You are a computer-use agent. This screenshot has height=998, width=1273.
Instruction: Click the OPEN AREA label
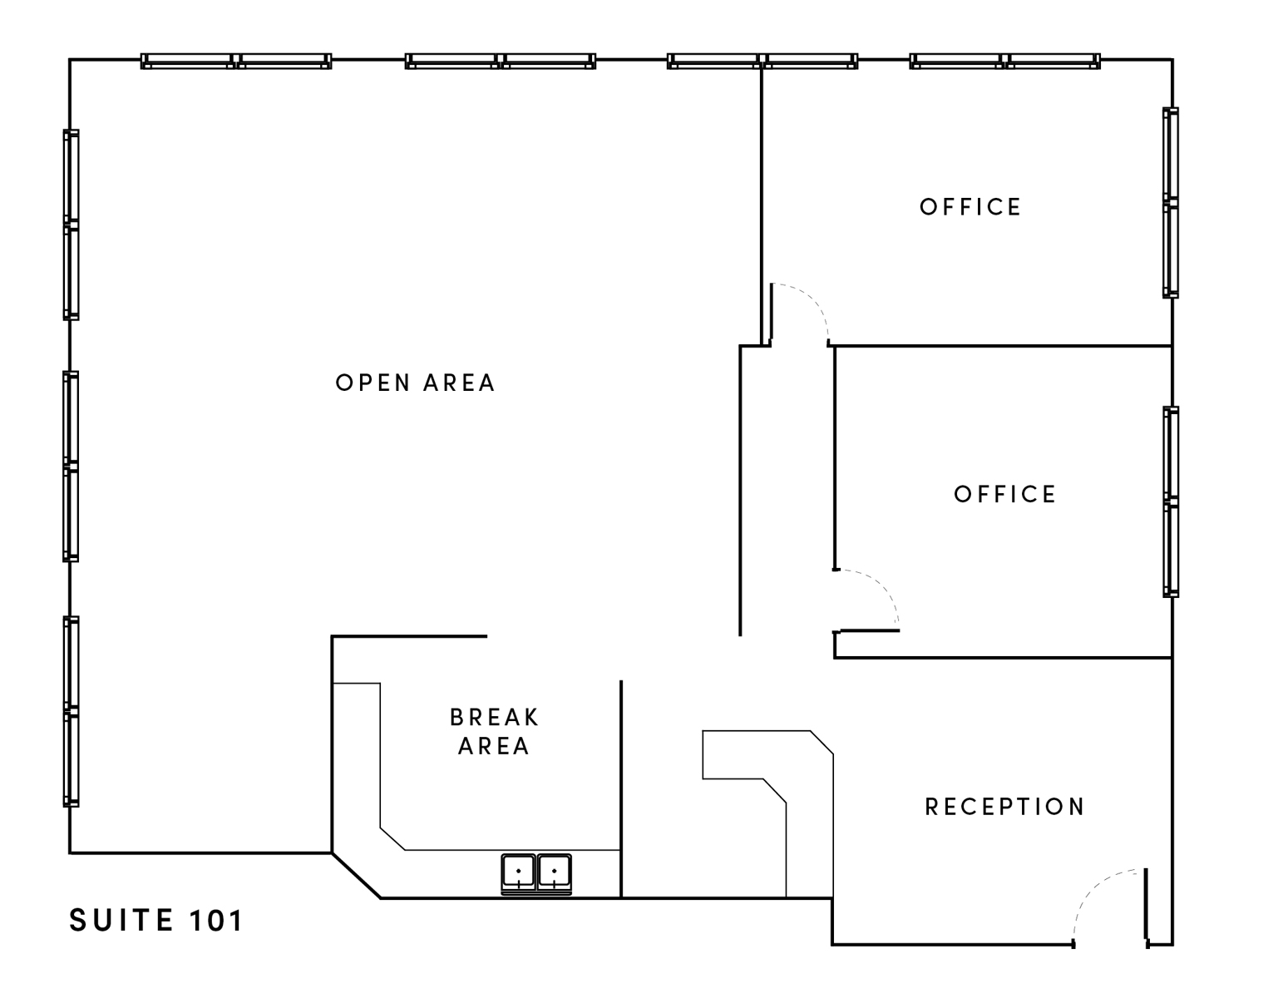pyautogui.click(x=416, y=383)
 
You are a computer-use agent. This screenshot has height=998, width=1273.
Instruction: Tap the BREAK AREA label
pyautogui.click(x=494, y=732)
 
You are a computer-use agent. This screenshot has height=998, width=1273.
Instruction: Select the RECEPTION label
pyautogui.click(x=1004, y=807)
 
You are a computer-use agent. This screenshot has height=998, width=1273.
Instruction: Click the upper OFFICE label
pyautogui.click(x=970, y=207)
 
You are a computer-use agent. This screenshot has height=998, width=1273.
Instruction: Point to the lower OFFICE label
pyautogui.click(x=1004, y=494)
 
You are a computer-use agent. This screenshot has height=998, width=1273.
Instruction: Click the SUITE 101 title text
pyautogui.click(x=155, y=920)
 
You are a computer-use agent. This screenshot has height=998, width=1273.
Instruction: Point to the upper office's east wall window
pyautogui.click(x=1171, y=203)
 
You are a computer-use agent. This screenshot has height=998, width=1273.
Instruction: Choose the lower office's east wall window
pyautogui.click(x=1171, y=502)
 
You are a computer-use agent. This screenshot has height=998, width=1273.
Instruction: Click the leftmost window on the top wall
pyautogui.click(x=236, y=62)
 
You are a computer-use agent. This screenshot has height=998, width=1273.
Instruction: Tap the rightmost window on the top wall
pyautogui.click(x=1004, y=62)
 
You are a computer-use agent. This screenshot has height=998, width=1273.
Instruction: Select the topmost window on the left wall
pyautogui.click(x=71, y=225)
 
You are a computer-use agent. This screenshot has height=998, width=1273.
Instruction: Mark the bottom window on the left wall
pyautogui.click(x=71, y=712)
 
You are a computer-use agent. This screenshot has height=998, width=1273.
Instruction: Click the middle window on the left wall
pyautogui.click(x=71, y=467)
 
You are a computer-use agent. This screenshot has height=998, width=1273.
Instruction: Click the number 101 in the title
pyautogui.click(x=215, y=920)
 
